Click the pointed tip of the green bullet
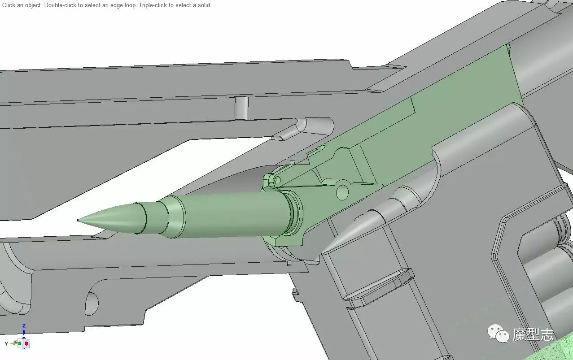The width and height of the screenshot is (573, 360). (78, 220)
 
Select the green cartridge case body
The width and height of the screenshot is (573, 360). (235, 215)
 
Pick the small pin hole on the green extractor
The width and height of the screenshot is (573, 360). (277, 180)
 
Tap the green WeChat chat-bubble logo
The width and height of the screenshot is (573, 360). (498, 333)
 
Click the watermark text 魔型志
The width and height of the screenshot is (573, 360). (533, 334)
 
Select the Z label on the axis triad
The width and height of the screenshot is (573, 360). (24, 326)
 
